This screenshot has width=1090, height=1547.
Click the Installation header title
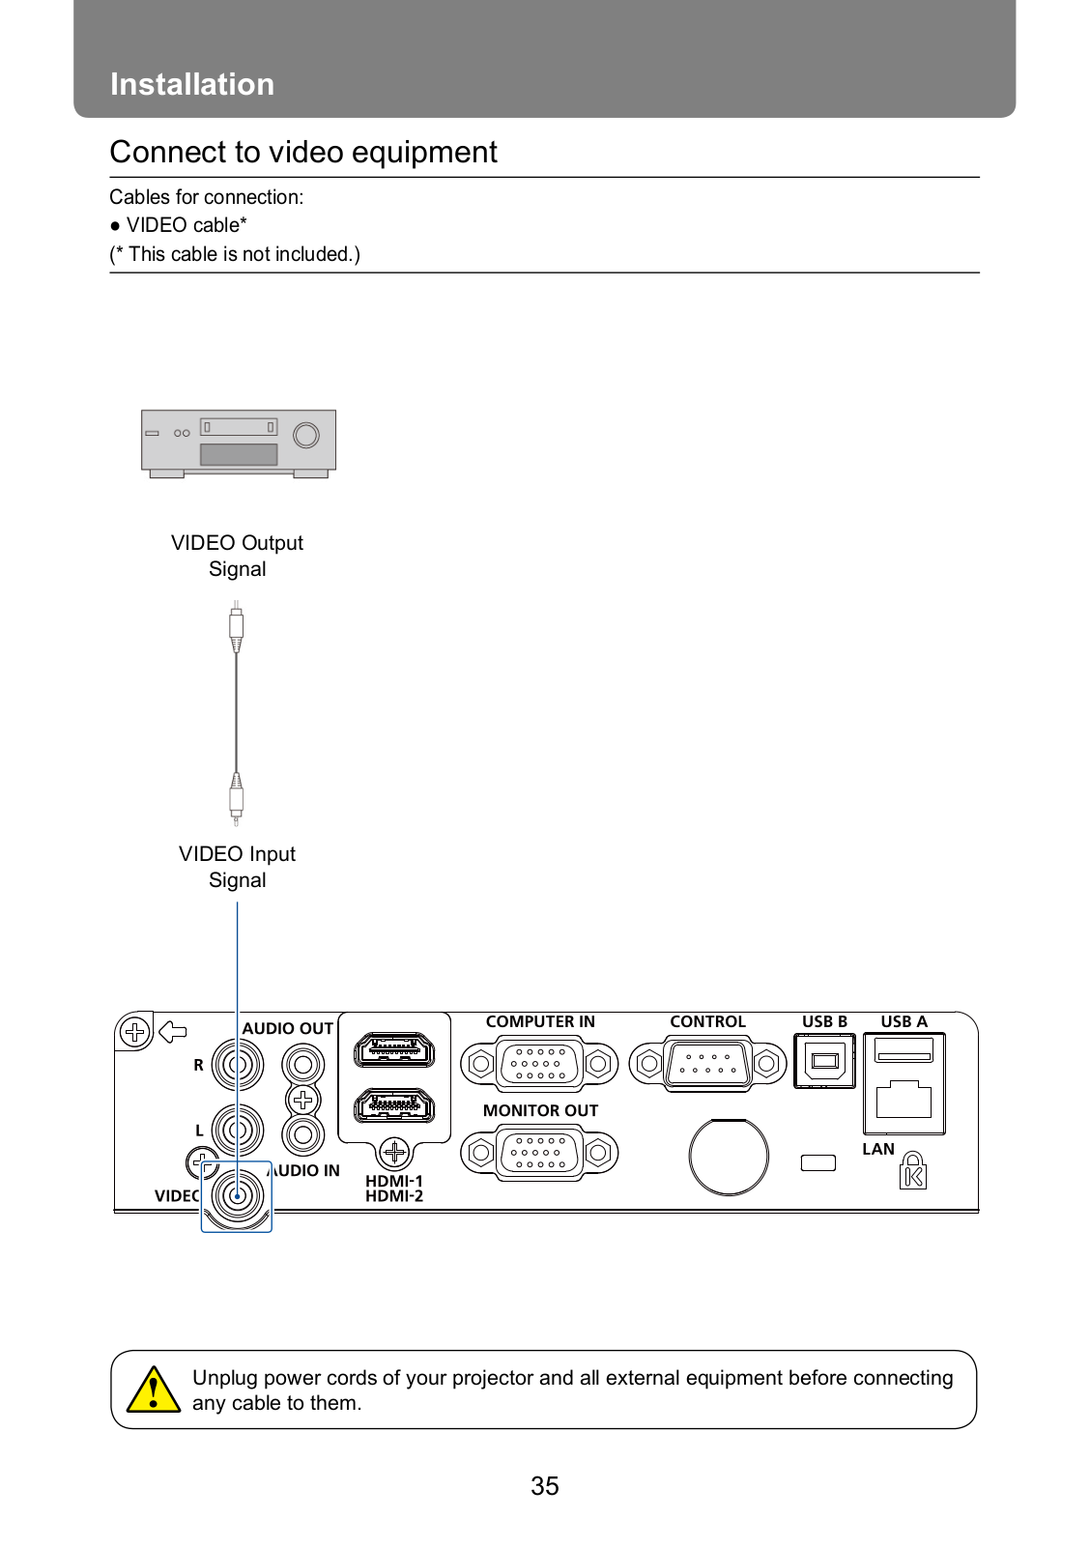192,84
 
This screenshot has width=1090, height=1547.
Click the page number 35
544,1485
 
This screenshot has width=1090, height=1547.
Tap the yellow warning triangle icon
153,1390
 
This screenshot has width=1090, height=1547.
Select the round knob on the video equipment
306,435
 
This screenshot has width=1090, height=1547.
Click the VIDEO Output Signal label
237,556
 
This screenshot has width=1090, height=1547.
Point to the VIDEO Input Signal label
237,867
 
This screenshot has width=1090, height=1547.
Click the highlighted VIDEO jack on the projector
237,1196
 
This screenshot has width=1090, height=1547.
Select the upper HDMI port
394,1050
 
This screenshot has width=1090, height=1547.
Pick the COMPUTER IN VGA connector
539,1064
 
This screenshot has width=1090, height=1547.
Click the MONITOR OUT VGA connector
539,1153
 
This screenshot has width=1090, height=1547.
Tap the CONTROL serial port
707,1064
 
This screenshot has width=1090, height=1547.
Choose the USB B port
824,1061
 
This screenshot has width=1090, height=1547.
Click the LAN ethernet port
904,1101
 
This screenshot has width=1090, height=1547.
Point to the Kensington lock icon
912,1171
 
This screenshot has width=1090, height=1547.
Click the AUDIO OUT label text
288,1028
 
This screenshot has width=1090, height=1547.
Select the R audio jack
237,1065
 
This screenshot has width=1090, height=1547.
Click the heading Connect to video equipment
303,152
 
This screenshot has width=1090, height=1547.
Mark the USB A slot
904,1049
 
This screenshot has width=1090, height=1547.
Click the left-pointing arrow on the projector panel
173,1032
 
